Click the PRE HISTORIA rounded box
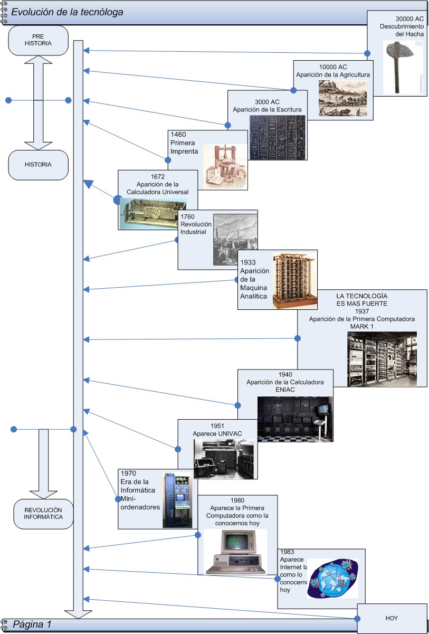[39, 40]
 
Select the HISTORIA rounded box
[39, 165]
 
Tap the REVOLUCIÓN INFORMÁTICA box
[43, 514]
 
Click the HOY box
[392, 618]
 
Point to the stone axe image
[403, 67]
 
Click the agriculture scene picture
[342, 98]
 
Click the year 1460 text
[178, 135]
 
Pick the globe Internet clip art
[332, 579]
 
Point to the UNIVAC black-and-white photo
[223, 459]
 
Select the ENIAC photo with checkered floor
[295, 419]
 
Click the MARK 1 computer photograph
[382, 359]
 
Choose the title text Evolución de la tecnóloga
[68, 12]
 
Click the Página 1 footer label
[32, 624]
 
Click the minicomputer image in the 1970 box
[176, 500]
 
